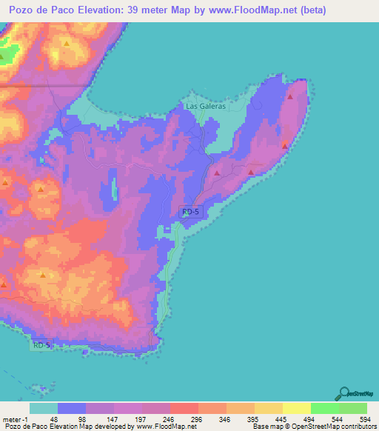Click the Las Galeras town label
pos(204,106)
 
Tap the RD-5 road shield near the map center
pos(190,212)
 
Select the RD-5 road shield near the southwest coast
pos(42,345)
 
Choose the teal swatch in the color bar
pos(44,409)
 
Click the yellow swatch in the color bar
pos(296,409)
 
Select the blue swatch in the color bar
pos(72,409)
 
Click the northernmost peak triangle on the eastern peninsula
pos(291,96)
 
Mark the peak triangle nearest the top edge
pos(67,44)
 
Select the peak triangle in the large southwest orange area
pos(42,275)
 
